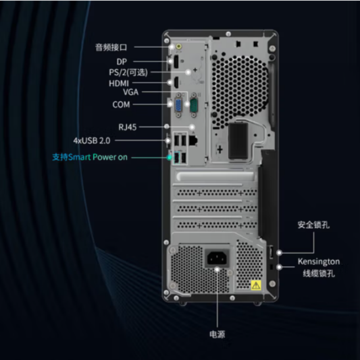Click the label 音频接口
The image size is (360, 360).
coord(111,47)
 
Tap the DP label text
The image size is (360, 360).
coord(121,62)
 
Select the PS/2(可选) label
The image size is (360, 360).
coord(128,72)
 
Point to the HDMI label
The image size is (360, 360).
coord(119,83)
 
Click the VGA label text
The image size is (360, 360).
coord(130,92)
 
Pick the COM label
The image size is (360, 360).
coord(121,105)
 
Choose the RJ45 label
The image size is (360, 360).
coord(127,127)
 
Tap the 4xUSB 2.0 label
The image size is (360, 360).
coord(92,140)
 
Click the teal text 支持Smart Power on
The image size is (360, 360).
coord(90,157)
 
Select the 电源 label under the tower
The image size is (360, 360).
coord(217,334)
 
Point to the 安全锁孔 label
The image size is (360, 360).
coord(314,225)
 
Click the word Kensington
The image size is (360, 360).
coord(319,261)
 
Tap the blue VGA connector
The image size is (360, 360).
coord(178,105)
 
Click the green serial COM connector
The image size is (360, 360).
coord(194,105)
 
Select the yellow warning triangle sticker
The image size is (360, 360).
coord(256,285)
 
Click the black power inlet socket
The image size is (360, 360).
coord(217,258)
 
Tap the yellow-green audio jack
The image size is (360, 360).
coord(179,47)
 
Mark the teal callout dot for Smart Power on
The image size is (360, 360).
coord(170,157)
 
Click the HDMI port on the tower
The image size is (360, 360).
coord(176,83)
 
